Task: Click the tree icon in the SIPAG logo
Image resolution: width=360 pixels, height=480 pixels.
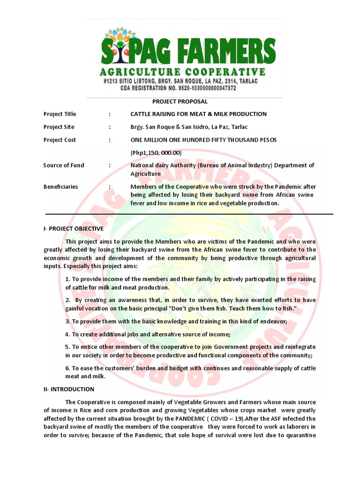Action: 117,47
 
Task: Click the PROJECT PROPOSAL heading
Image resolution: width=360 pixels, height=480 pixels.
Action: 180,101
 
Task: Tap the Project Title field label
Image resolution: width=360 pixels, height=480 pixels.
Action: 60,114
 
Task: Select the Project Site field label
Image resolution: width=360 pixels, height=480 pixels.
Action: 59,127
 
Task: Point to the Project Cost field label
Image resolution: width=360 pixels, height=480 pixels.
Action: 60,140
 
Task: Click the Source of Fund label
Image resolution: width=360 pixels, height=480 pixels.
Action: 64,165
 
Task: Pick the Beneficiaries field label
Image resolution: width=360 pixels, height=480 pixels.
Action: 61,187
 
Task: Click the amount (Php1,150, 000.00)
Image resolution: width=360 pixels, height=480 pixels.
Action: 156,153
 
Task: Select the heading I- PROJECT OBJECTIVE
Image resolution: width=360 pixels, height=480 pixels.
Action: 73,229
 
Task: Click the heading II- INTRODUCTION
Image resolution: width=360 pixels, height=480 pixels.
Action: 69,389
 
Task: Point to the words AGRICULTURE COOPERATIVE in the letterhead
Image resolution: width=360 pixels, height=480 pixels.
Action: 182,72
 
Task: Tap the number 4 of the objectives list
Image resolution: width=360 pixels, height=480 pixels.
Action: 67,334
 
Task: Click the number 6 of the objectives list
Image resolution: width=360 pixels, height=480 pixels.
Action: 67,368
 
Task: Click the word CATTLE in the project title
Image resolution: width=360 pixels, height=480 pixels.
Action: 142,114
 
